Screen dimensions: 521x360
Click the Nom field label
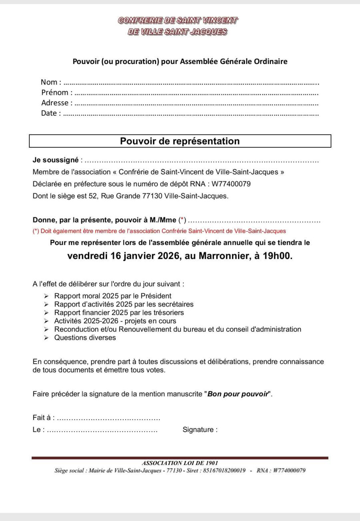50,82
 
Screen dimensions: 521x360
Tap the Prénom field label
57,93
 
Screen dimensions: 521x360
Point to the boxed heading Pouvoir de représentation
180,141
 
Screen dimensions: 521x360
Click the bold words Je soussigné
55,160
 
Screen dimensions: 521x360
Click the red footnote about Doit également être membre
159,231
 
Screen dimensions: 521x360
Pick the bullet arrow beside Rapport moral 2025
46,297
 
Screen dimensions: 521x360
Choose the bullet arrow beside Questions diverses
46,338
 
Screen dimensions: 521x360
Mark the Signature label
200,430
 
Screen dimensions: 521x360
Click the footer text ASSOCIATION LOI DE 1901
180,463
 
